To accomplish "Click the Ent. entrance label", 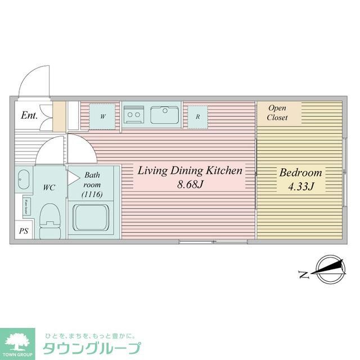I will pos(29,116).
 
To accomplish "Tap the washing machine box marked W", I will pos(103,117).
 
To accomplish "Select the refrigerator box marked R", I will pos(197,118).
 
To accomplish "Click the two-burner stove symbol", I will pos(134,115).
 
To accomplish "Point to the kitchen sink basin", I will pos(164,116).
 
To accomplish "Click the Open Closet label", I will pos(277,112).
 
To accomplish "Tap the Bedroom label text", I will pos(300,173).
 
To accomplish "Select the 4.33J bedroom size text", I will pos(300,186).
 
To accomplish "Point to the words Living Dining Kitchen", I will pos(190,170).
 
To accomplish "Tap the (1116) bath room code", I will pos(92,195).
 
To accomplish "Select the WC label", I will pos(49,188).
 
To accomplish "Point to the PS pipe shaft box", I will pos(24,231).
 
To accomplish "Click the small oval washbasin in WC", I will pos(22,180).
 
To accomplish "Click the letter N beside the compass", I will pos(303,275).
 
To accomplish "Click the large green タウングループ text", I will pos(93,346).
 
